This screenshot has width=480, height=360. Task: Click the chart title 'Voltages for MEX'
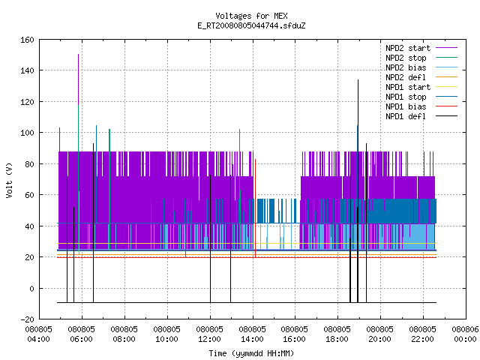pyautogui.click(x=252, y=16)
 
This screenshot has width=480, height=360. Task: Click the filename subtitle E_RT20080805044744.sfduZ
pyautogui.click(x=252, y=25)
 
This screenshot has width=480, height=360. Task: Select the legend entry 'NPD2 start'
pyautogui.click(x=421, y=48)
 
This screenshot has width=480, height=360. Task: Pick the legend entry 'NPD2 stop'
pyautogui.click(x=421, y=58)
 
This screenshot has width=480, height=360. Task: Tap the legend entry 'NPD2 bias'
pyautogui.click(x=421, y=67)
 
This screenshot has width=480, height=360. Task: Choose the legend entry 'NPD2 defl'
pyautogui.click(x=421, y=77)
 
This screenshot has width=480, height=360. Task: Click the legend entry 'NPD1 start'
pyautogui.click(x=421, y=87)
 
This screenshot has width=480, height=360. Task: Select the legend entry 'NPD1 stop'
pyautogui.click(x=421, y=97)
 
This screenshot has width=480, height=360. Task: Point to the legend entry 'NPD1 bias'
pyautogui.click(x=421, y=106)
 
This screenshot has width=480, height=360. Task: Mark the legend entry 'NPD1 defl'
pyautogui.click(x=421, y=117)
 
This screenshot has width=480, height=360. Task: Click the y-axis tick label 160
pyautogui.click(x=27, y=40)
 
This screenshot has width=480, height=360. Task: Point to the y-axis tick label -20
pyautogui.click(x=27, y=319)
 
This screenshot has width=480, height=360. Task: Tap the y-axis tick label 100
pyautogui.click(x=27, y=133)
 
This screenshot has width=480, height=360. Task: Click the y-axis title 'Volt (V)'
pyautogui.click(x=10, y=180)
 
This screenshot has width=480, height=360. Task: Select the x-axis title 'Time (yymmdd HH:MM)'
pyautogui.click(x=251, y=353)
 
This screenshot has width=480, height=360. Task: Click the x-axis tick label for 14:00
pyautogui.click(x=252, y=334)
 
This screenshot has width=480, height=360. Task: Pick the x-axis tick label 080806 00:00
pyautogui.click(x=465, y=334)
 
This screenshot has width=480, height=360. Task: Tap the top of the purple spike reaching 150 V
pyautogui.click(x=78, y=55)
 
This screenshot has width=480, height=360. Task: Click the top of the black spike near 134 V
pyautogui.click(x=358, y=80)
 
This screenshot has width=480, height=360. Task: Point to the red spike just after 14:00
pyautogui.click(x=255, y=208)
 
